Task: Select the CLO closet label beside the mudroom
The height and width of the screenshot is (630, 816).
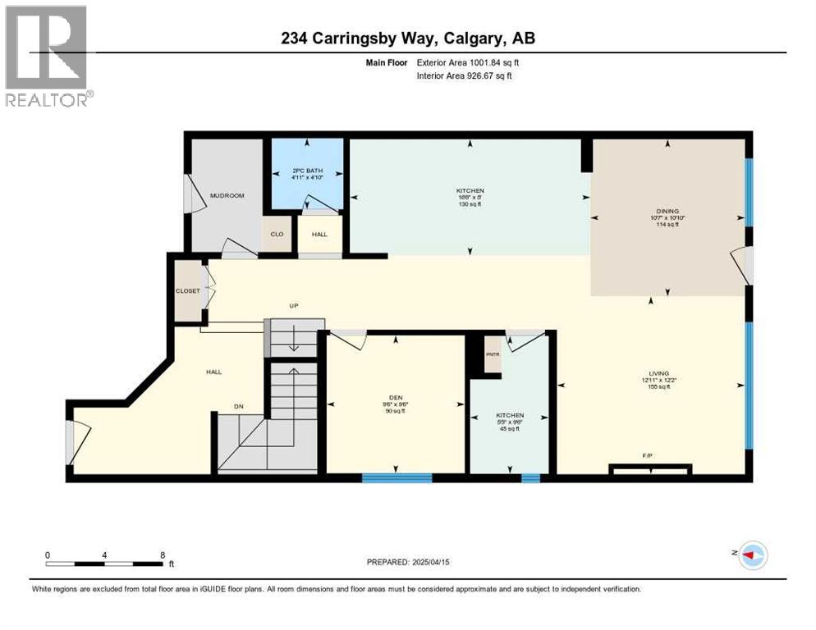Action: [277, 234]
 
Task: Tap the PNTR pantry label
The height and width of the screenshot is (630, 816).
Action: [493, 354]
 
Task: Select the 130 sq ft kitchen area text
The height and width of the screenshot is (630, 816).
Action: [470, 203]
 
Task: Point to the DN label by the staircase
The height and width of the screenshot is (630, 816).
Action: [239, 406]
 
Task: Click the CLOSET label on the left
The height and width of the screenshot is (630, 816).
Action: [187, 290]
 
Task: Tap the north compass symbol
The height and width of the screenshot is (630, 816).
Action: [753, 555]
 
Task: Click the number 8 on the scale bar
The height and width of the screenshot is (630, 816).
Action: [163, 555]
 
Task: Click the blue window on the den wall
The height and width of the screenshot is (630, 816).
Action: [397, 477]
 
